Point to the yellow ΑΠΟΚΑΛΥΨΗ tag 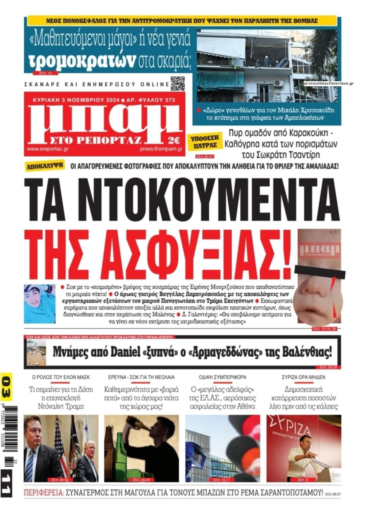pos(46,166)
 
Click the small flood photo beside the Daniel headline pos(37,353)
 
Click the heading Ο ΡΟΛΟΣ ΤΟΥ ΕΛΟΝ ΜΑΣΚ pos(61,377)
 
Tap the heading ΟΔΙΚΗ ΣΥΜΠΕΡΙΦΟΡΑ pos(222,377)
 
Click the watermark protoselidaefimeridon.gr pos(328,83)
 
